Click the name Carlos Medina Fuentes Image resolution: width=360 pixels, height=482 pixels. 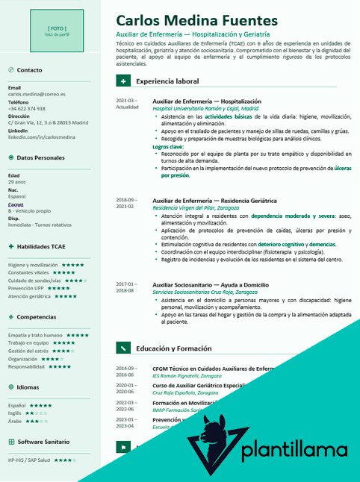tap(196, 20)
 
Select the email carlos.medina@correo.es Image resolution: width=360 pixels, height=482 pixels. tap(37, 95)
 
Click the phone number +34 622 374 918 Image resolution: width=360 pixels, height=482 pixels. tap(32, 109)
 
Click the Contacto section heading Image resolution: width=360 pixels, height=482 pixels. tap(29, 70)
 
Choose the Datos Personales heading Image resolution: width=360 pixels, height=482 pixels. tap(40, 158)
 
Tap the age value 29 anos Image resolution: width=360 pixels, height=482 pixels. tap(16, 182)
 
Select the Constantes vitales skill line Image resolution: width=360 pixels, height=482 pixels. tap(31, 272)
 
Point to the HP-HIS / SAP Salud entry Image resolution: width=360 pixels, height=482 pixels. tap(29, 460)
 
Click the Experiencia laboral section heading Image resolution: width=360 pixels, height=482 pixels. tap(167, 81)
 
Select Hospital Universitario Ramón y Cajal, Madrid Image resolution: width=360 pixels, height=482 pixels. tap(205, 108)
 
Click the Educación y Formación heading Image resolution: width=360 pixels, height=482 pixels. tap(173, 348)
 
